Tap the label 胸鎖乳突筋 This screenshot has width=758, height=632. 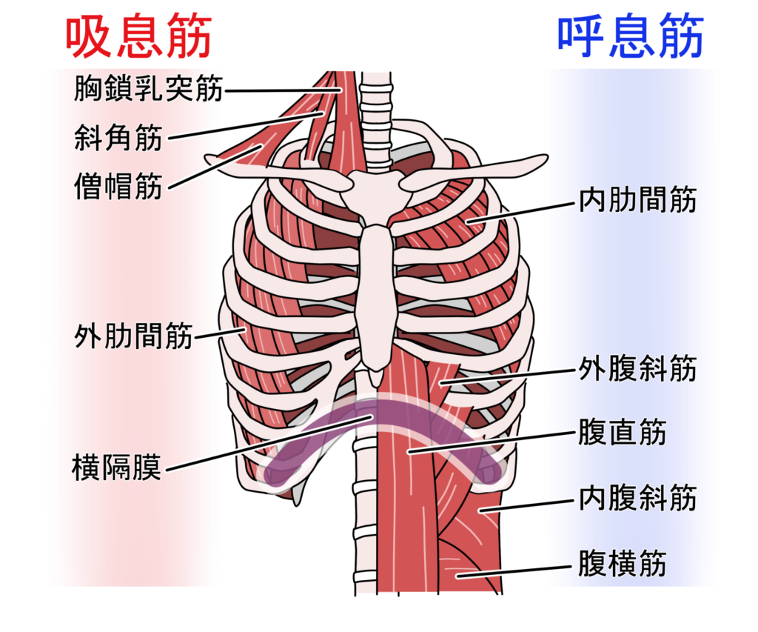tap(148, 90)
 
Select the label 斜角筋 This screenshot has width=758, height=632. tap(118, 138)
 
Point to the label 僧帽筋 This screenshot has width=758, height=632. tap(118, 186)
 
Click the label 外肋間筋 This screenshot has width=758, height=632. tap(133, 336)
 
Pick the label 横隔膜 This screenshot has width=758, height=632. tap(117, 468)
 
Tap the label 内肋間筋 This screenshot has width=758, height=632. tap(637, 200)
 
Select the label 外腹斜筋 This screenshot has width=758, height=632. tap(637, 368)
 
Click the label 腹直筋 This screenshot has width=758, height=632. tap(622, 433)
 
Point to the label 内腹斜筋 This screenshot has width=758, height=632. tap(637, 498)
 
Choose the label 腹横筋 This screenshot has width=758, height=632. tap(622, 565)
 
